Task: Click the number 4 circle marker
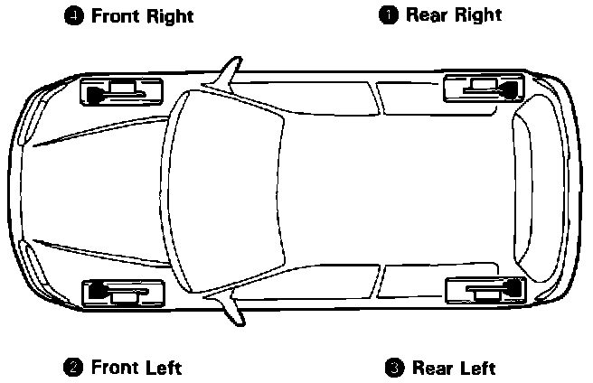pyautogui.click(x=74, y=15)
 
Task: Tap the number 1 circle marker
pyautogui.click(x=388, y=14)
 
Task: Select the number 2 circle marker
pyautogui.click(x=74, y=367)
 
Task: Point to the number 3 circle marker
pyautogui.click(x=394, y=368)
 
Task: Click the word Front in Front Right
pyautogui.click(x=116, y=15)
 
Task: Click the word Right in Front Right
pyautogui.click(x=171, y=16)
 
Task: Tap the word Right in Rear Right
pyautogui.click(x=477, y=15)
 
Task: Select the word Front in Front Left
pyautogui.click(x=116, y=367)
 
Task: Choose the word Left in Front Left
pyautogui.click(x=165, y=367)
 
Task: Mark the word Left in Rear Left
pyautogui.click(x=476, y=368)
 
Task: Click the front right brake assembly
pyautogui.click(x=121, y=90)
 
